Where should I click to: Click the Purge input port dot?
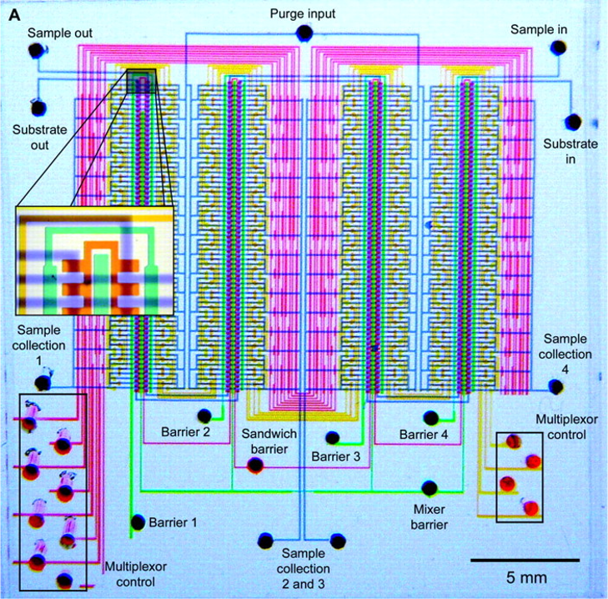[x=304, y=33]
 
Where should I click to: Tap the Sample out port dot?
[x=37, y=50]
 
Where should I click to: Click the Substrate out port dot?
[x=38, y=108]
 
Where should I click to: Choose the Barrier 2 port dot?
[x=204, y=415]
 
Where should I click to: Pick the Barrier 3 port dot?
[x=332, y=437]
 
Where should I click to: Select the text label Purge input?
[x=303, y=15]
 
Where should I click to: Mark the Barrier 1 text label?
[x=174, y=523]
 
